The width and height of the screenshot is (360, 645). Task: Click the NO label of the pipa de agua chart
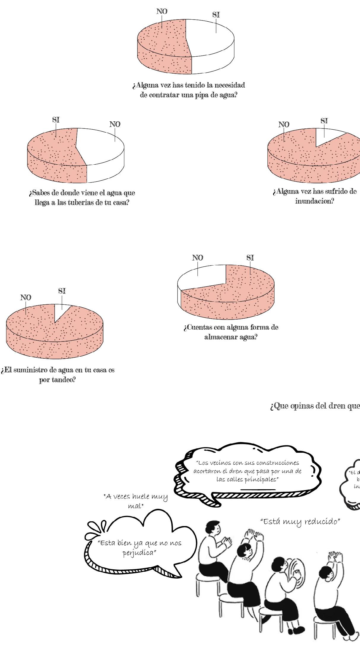tap(162, 12)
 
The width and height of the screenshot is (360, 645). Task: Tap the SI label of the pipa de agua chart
tap(216, 15)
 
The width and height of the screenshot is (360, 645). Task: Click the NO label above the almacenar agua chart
tap(198, 258)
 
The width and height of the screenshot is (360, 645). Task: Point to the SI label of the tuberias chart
tap(56, 120)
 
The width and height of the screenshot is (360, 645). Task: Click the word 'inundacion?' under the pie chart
tap(315, 201)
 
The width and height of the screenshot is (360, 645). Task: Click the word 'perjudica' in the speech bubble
tap(139, 553)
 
